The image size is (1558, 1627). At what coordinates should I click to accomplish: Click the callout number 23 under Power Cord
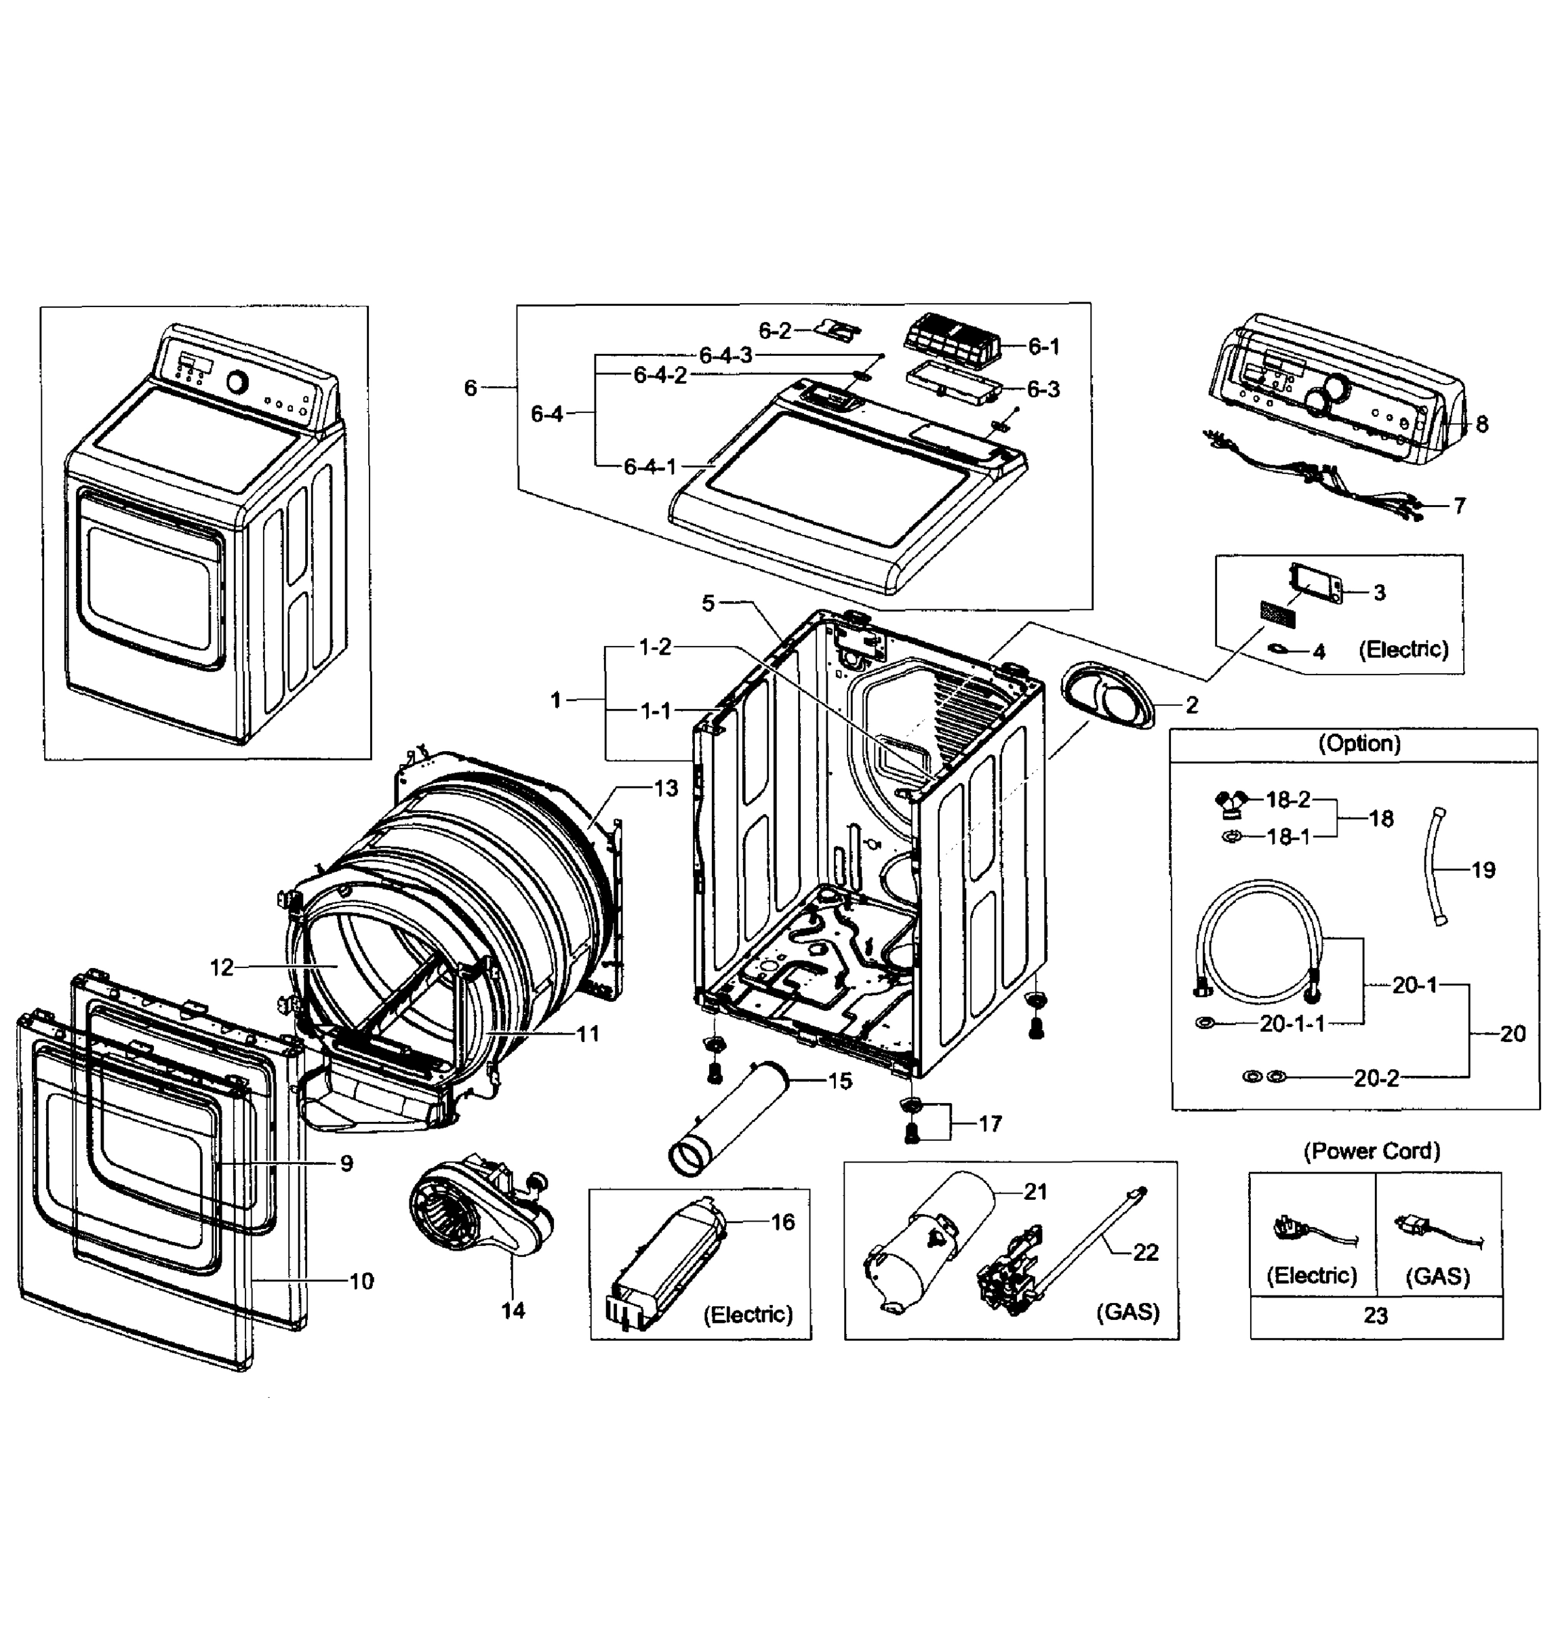[1374, 1316]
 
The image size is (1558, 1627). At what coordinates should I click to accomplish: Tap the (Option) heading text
[1359, 743]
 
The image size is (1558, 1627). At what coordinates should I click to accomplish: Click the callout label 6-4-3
[725, 355]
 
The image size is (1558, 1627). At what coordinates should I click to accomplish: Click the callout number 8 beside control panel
[1481, 424]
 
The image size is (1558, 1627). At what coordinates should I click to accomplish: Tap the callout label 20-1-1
[1292, 1024]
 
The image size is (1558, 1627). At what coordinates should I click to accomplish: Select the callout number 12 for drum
[222, 967]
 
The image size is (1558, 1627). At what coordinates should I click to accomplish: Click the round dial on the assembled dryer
[237, 382]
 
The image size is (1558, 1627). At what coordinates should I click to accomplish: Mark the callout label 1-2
[654, 647]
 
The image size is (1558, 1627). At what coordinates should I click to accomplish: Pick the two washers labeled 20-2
[1263, 1077]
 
